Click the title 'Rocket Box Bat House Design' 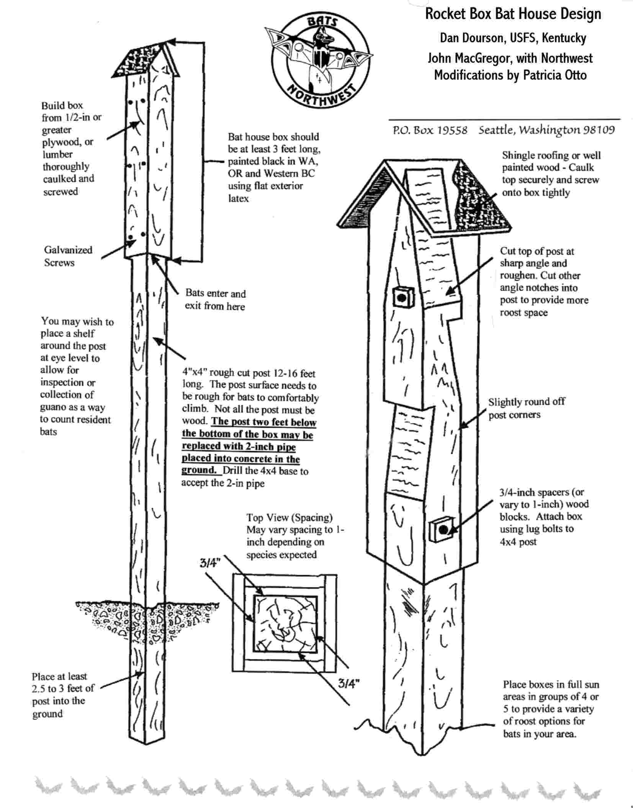[x=513, y=14]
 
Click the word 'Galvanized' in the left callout [x=68, y=250]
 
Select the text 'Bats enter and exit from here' [x=215, y=300]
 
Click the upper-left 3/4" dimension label [x=210, y=563]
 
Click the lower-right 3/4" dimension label [x=348, y=683]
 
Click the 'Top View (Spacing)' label [x=289, y=518]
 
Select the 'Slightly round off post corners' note [x=526, y=408]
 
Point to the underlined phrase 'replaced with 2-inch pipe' [x=239, y=447]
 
